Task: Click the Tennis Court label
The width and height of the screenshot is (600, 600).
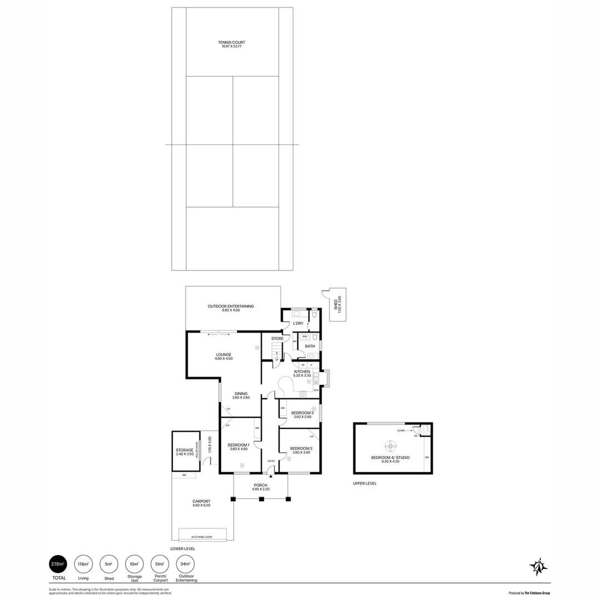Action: [232, 43]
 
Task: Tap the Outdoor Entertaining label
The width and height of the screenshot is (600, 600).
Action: [231, 307]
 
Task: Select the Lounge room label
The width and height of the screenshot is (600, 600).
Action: [223, 355]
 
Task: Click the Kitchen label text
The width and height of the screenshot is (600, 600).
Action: [302, 372]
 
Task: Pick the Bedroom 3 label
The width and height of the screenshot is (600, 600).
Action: [302, 413]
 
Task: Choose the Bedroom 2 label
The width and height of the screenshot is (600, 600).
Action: [301, 449]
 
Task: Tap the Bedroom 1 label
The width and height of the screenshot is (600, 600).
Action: [238, 445]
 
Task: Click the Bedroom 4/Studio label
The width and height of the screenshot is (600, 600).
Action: [390, 458]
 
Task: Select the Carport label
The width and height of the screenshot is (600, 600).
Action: [201, 502]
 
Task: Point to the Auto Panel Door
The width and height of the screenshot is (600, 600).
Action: [202, 537]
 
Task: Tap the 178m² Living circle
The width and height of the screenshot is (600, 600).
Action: [83, 564]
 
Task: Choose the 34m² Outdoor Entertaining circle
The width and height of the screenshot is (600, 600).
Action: [186, 564]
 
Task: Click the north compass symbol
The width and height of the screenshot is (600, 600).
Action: [538, 566]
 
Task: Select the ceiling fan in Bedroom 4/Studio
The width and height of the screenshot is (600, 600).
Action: [391, 446]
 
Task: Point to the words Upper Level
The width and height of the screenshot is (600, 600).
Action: [364, 483]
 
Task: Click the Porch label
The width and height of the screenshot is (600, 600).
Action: [261, 486]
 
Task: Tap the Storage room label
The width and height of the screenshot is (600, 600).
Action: [184, 450]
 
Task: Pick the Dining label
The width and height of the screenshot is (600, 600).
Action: [241, 394]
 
